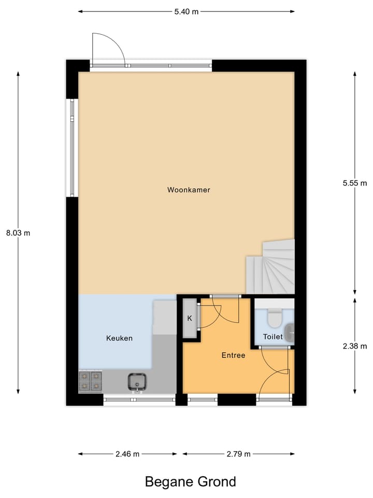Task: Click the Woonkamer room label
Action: (189, 190)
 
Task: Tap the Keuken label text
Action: (119, 338)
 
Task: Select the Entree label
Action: (233, 355)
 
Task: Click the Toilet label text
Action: (273, 337)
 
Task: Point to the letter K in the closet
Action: (190, 319)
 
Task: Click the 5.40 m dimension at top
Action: (187, 11)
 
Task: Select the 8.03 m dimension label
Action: (18, 233)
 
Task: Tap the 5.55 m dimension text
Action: (355, 183)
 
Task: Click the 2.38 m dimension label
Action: (355, 346)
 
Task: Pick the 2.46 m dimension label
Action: (127, 454)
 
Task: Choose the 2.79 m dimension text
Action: (238, 454)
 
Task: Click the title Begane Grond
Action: (190, 482)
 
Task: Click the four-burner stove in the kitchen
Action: (90, 381)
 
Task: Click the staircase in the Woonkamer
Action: (270, 267)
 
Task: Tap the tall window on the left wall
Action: (73, 148)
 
